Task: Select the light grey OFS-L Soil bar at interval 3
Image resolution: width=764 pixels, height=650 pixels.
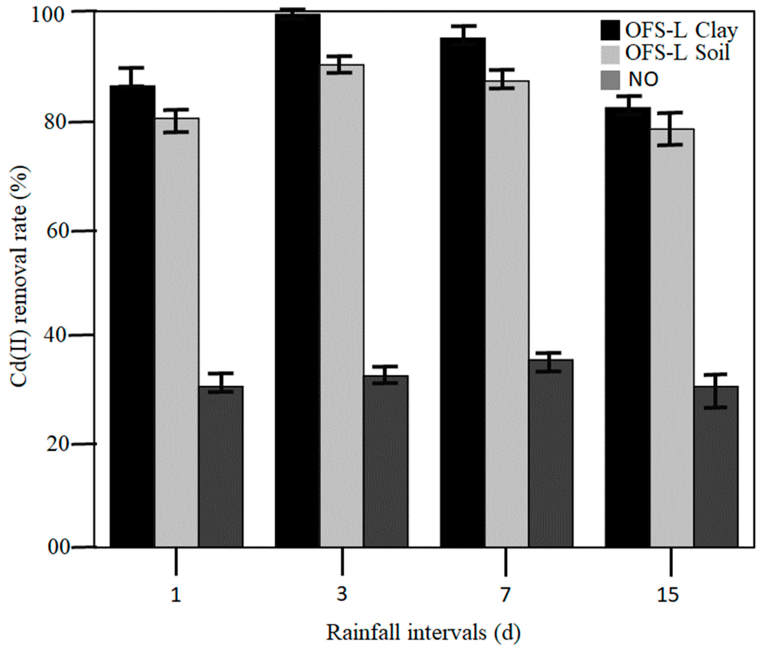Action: click(342, 306)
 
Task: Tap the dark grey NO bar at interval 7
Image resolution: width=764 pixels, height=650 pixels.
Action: click(551, 453)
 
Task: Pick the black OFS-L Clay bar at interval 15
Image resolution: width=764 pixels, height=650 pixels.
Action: click(628, 328)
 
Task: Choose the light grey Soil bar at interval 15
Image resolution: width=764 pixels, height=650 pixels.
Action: click(672, 339)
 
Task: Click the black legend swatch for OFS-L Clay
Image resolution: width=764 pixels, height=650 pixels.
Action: click(610, 30)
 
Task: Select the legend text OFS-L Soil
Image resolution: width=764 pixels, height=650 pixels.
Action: click(677, 53)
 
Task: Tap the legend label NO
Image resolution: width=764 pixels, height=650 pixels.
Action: click(643, 79)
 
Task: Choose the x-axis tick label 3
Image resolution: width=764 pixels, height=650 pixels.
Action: click(342, 594)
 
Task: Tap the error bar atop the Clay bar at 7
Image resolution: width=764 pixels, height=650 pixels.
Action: click(463, 32)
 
